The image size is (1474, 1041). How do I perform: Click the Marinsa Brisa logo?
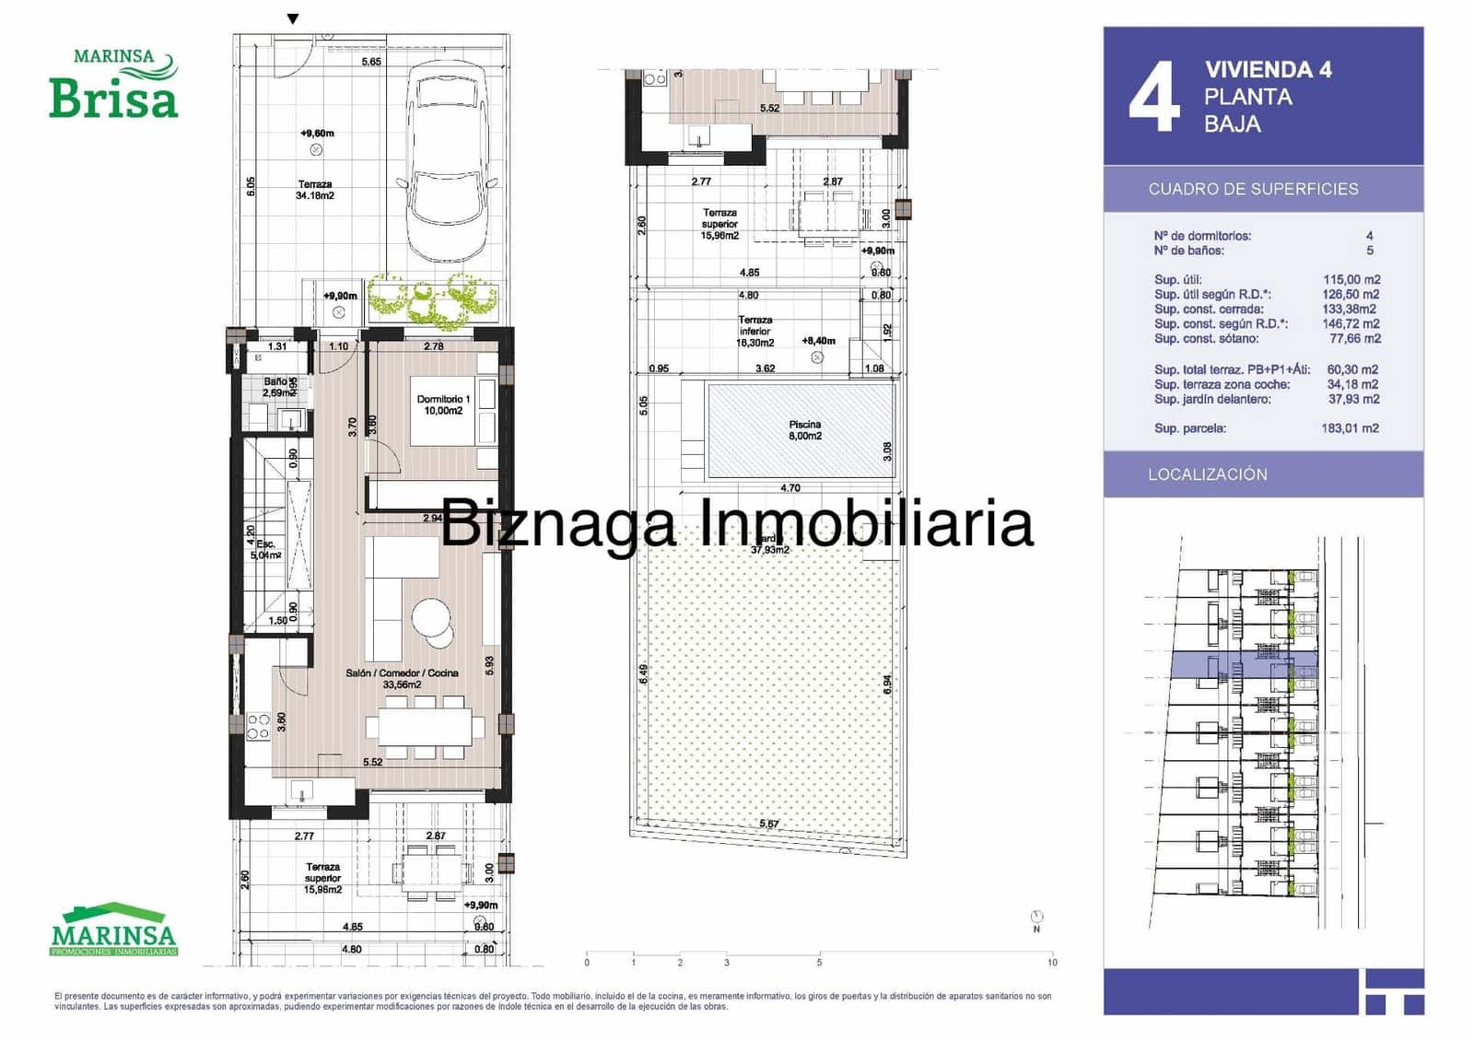tap(113, 85)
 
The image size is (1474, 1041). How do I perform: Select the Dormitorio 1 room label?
tap(443, 404)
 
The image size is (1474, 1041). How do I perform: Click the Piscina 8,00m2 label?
tap(804, 430)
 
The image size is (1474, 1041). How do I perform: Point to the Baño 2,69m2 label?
tap(276, 387)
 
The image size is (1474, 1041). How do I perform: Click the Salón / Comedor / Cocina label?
tap(402, 678)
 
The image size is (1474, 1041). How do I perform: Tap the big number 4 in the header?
tap(1153, 98)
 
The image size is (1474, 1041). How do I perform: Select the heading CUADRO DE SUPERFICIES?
tap(1253, 189)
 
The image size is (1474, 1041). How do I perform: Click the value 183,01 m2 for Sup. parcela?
tap(1350, 428)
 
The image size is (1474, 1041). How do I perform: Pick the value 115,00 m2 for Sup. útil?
tap(1351, 279)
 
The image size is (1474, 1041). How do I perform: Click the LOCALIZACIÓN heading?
tap(1207, 474)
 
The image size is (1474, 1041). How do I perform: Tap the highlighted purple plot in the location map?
tap(1244, 664)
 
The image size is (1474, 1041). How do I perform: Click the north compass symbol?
tap(1037, 917)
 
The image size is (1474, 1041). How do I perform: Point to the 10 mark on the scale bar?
tap(1052, 962)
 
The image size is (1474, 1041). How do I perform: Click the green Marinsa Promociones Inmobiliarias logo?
tap(113, 929)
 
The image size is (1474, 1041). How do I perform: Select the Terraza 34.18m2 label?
tap(315, 190)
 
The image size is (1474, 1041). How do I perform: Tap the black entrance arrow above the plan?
tap(293, 18)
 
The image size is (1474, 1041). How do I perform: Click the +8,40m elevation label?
tap(818, 341)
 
